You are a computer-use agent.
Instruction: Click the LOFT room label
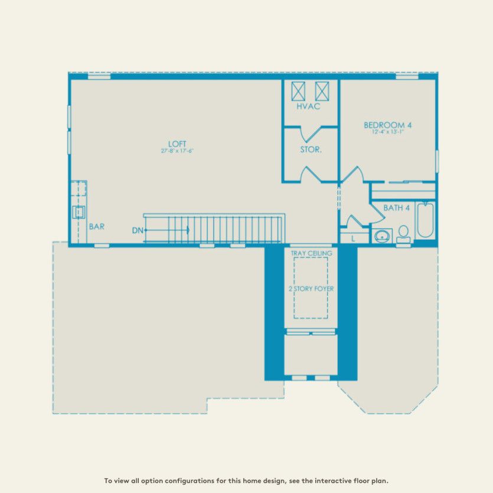(x=177, y=143)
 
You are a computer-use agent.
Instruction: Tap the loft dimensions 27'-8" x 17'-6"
(x=177, y=151)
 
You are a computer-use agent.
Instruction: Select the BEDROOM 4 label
(x=387, y=125)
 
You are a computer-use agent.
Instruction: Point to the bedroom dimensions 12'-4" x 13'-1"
(x=387, y=132)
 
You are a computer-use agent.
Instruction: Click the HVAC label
(x=308, y=107)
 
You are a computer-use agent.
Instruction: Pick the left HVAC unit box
(x=298, y=92)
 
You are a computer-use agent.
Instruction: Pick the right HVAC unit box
(x=322, y=92)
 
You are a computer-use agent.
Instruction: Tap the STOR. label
(x=311, y=150)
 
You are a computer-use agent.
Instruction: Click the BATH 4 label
(x=396, y=208)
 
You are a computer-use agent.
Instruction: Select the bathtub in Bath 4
(x=425, y=221)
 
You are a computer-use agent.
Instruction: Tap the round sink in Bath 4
(x=382, y=236)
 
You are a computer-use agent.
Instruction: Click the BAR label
(x=97, y=226)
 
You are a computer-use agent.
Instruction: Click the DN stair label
(x=138, y=230)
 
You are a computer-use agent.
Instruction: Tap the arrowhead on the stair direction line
(x=187, y=230)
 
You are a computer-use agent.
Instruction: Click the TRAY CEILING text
(x=311, y=253)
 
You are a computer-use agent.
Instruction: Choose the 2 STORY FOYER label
(x=311, y=289)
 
